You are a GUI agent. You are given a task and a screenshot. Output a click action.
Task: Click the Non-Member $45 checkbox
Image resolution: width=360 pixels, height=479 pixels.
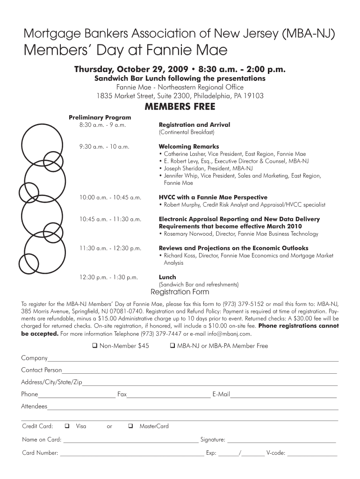94,346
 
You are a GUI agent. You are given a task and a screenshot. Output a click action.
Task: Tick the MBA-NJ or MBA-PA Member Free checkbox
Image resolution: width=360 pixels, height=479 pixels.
173,346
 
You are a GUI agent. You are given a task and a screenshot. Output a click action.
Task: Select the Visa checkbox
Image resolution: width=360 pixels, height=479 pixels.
67,426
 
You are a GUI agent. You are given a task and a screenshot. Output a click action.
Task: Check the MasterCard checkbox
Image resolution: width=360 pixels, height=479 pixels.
130,426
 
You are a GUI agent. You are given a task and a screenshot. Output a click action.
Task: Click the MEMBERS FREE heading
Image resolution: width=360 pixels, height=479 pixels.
180,107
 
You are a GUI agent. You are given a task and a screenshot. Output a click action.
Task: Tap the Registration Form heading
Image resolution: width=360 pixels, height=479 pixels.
180,292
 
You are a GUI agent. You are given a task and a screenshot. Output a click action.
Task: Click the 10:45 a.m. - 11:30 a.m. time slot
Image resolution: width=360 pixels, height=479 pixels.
110,219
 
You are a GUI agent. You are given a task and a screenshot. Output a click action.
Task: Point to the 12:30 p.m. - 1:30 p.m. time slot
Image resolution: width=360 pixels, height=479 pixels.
109,277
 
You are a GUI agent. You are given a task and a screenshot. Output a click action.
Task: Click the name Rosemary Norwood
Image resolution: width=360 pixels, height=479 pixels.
187,234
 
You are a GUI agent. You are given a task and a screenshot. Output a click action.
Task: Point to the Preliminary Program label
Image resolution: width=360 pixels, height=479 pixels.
100,117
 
